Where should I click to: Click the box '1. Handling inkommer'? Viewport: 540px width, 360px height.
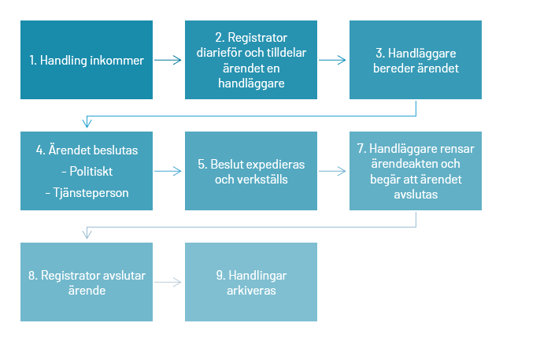[x=87, y=60]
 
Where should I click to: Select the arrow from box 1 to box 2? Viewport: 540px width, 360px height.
[x=168, y=61]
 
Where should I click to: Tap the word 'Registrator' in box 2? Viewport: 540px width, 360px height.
[x=257, y=38]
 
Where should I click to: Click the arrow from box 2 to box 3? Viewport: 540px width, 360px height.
[x=332, y=61]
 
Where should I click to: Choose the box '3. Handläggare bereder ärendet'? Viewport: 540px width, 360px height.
[x=416, y=60]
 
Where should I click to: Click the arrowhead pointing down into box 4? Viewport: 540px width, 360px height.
[x=87, y=123]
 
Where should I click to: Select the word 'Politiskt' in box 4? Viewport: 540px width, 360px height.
[x=91, y=172]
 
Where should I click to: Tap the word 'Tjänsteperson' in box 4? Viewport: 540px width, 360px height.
[x=91, y=193]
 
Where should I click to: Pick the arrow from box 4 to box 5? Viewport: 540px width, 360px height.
[x=168, y=171]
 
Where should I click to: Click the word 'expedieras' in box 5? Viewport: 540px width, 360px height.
[x=276, y=165]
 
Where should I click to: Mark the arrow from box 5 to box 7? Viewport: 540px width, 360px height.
[x=332, y=171]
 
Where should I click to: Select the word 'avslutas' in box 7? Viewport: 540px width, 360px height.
[x=416, y=195]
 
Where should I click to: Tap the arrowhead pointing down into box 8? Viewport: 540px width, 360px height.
[x=87, y=234]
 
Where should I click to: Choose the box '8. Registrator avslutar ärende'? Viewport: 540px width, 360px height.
[x=87, y=282]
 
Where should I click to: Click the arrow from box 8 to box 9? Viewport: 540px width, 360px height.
[x=168, y=283]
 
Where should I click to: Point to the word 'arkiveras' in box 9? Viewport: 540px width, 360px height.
[x=251, y=291]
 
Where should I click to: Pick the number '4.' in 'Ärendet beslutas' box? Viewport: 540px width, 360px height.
[x=41, y=150]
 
